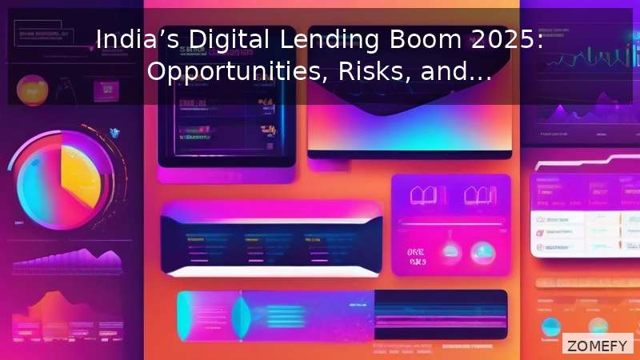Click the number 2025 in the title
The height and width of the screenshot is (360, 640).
(x=475, y=39)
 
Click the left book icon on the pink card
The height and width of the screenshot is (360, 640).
(x=422, y=195)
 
